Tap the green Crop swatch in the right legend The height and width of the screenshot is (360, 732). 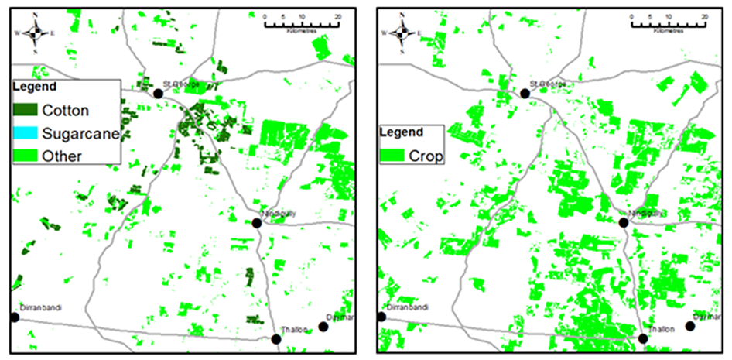click(394, 156)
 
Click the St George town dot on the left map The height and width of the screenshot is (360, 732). click(158, 93)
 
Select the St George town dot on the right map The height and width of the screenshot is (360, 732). click(525, 93)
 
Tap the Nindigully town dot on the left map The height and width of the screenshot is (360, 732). click(257, 223)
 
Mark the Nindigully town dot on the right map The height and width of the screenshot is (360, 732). click(624, 223)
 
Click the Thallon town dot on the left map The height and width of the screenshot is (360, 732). click(276, 338)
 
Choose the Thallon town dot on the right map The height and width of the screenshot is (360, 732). click(643, 338)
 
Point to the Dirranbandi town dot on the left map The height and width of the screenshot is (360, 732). click(14, 317)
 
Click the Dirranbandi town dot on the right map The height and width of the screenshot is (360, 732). click(381, 317)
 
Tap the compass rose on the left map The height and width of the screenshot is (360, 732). click(35, 33)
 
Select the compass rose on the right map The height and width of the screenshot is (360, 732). click(402, 33)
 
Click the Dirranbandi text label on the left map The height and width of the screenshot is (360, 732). click(39, 308)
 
